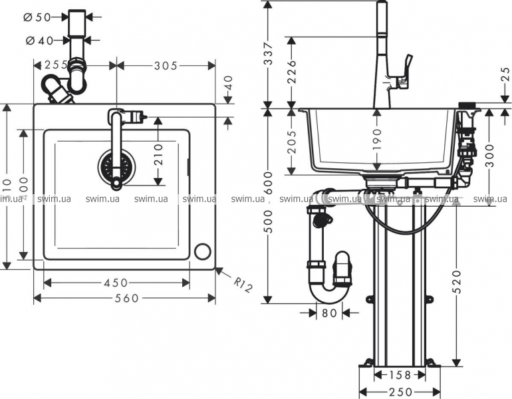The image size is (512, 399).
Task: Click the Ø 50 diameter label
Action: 41,17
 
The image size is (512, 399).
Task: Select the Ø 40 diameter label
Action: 41,40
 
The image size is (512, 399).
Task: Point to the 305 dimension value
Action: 164,65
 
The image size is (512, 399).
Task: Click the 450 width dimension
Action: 116,283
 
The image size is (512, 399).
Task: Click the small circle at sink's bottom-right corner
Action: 202,251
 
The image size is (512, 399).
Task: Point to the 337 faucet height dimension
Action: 269,53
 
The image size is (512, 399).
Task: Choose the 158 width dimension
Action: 398,374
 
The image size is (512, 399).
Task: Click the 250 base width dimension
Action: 399,392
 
